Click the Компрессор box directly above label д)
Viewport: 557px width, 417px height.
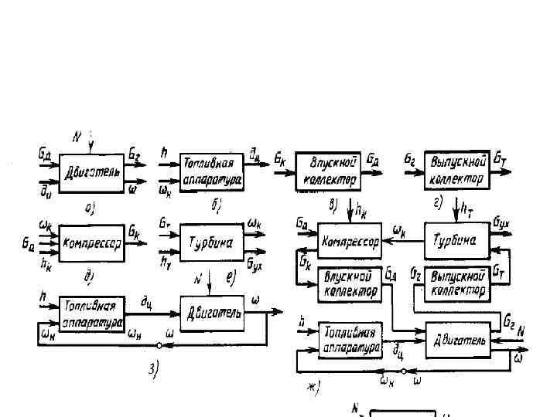(92, 242)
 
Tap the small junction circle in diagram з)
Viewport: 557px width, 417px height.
(159, 345)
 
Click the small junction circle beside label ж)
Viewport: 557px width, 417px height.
(402, 372)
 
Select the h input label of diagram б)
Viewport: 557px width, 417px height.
(162, 151)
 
